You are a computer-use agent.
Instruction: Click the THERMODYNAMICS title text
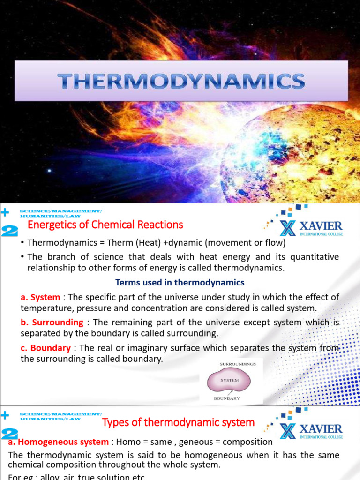[x=181, y=82]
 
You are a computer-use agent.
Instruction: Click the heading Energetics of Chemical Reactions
[x=105, y=225]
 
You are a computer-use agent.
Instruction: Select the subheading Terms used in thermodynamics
[x=180, y=282]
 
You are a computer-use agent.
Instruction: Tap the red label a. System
[x=41, y=297]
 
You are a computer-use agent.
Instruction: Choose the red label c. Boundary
[x=46, y=348]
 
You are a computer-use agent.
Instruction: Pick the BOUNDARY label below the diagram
[x=227, y=398]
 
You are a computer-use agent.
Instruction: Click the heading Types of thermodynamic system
[x=178, y=422]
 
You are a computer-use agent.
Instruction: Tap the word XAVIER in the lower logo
[x=321, y=429]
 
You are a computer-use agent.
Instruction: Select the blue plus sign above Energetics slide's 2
[x=5, y=212]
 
